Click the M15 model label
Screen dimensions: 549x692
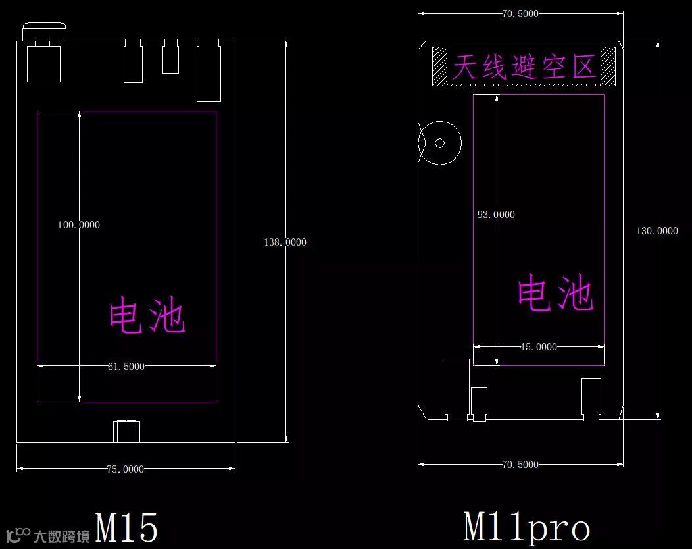tap(127, 527)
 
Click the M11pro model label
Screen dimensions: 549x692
tap(526, 527)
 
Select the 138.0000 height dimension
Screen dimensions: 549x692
tap(285, 242)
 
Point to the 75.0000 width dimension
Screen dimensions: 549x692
tap(125, 469)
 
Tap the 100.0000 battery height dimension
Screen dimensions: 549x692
tap(79, 225)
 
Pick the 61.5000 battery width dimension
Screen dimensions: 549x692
tap(126, 367)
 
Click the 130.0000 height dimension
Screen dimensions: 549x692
tap(656, 231)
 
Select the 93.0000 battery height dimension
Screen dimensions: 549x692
tap(496, 215)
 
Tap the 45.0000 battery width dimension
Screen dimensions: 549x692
tap(538, 347)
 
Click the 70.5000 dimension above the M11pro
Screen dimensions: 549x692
tap(520, 13)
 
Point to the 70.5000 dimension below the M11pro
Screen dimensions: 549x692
tap(520, 465)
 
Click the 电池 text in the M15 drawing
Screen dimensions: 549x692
tap(147, 315)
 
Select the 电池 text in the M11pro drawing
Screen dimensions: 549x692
tap(555, 294)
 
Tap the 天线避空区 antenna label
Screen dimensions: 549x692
tap(524, 66)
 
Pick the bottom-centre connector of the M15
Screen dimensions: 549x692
tap(126, 431)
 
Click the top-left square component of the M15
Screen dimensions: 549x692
tap(43, 63)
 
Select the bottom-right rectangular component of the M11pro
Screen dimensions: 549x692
tap(591, 399)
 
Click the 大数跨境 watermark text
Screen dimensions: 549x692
tap(62, 536)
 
